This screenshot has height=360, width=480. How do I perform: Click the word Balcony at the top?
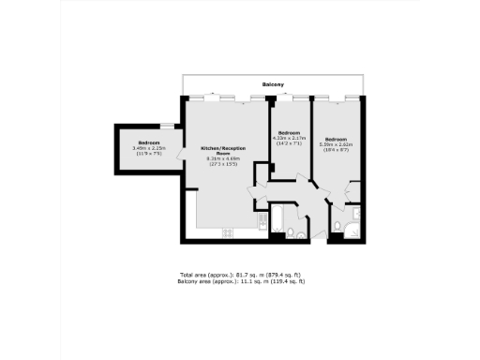[x=273, y=85]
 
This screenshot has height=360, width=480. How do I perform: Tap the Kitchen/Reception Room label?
[x=223, y=151]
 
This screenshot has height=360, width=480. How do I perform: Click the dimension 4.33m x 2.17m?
[x=289, y=138]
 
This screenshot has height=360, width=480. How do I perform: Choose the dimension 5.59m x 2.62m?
[x=336, y=143]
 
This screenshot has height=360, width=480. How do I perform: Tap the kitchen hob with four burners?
[x=226, y=232]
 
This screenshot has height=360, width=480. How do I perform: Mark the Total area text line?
[x=242, y=275]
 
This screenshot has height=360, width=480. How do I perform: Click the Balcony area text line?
[x=242, y=281]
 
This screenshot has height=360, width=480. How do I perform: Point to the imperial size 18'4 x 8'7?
[x=336, y=149]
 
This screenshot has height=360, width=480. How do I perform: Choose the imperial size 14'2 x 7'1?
[x=289, y=143]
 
